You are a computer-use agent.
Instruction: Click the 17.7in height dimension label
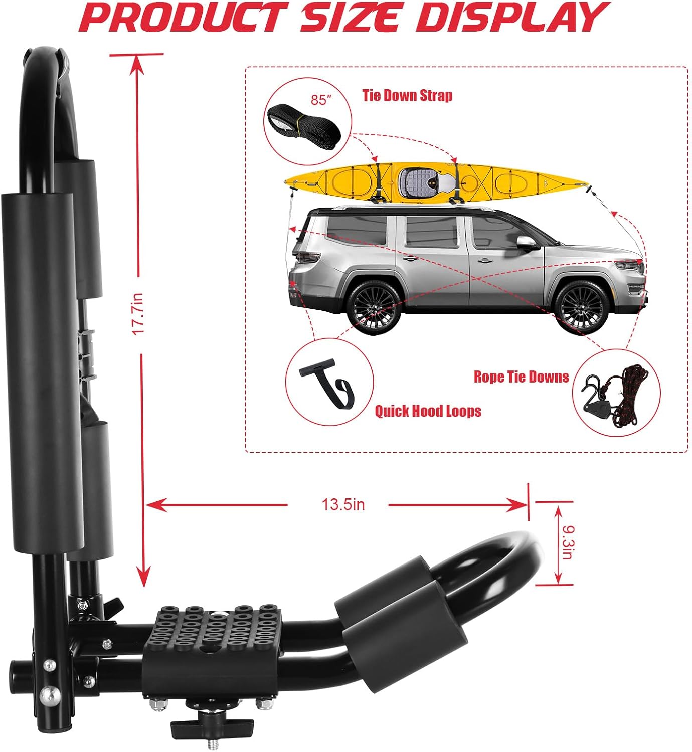[137, 314]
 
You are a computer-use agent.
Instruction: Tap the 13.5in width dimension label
[343, 504]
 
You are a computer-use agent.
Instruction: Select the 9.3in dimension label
[566, 542]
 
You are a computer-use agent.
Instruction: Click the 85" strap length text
[321, 100]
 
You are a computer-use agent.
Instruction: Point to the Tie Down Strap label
[407, 95]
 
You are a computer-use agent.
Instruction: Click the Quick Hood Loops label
[428, 411]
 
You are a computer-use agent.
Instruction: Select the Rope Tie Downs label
[521, 377]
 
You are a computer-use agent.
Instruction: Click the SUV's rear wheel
[374, 307]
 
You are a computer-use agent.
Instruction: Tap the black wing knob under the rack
[212, 726]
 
